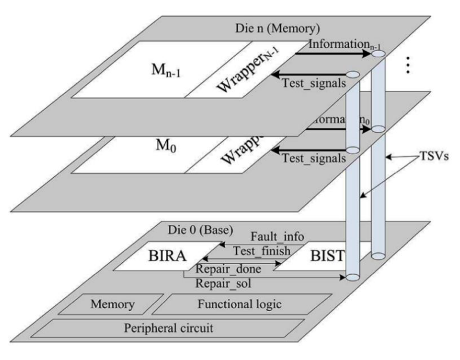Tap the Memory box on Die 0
112,305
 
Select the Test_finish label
262,251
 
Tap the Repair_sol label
220,283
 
